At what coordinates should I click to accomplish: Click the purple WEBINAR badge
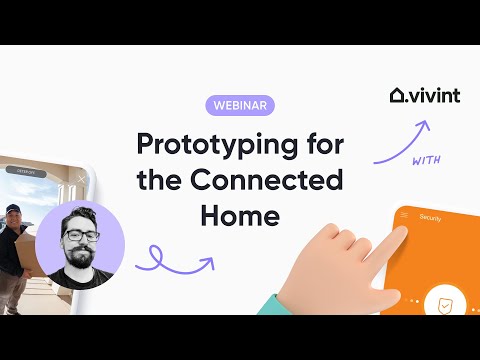point(240,104)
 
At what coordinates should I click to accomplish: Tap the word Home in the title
point(240,214)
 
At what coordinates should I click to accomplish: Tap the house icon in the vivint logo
point(398,96)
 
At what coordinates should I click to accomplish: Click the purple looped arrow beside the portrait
point(176,262)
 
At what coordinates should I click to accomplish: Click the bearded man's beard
point(80,262)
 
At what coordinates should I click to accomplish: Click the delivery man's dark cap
point(13,209)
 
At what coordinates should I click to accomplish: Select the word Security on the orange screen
point(431,216)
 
